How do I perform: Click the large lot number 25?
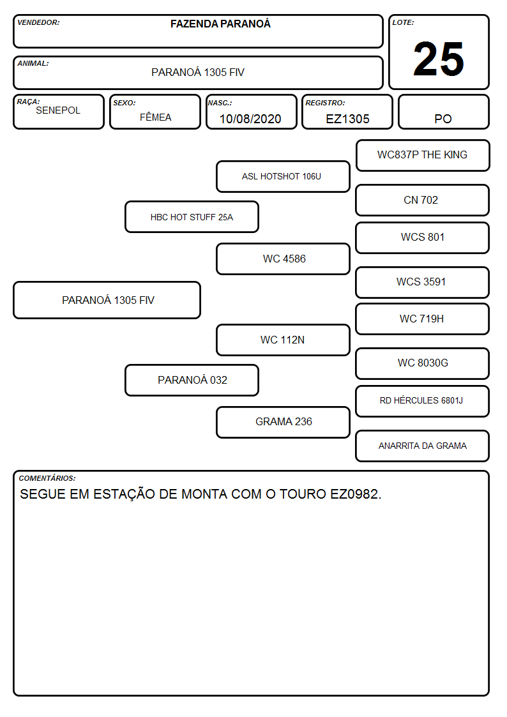439,59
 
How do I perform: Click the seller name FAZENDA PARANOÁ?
220,24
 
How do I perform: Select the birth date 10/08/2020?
250,119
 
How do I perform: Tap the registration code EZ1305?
347,119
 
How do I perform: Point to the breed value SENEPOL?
58,110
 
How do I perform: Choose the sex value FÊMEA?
155,117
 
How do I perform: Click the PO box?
443,112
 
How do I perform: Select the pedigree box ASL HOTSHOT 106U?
283,176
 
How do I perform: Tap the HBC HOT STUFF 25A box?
192,216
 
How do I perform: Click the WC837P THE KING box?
423,156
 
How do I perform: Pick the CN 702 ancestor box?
423,200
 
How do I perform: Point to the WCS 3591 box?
423,282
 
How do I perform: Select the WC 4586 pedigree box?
283,259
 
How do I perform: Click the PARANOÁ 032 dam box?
192,380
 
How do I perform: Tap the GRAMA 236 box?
283,422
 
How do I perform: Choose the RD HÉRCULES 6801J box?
423,401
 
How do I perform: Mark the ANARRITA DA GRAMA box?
423,446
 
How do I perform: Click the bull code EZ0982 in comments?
354,494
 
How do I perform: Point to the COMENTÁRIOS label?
47,478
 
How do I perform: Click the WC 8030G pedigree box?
423,363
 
